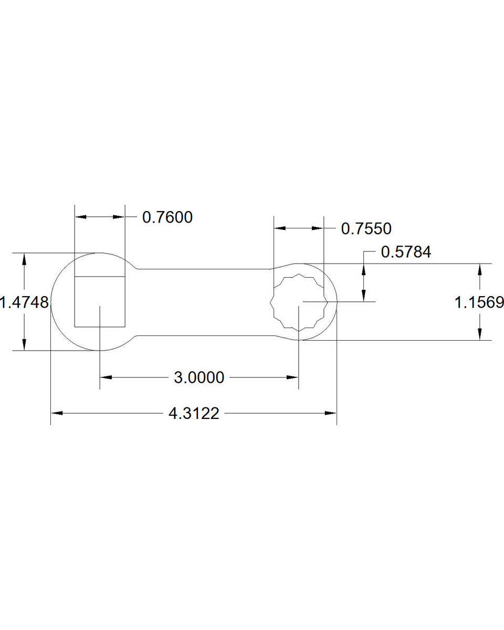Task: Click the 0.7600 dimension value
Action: coord(167,217)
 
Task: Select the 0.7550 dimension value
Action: coord(366,228)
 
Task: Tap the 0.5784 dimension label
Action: coord(406,252)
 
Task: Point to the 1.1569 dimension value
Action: coord(479,302)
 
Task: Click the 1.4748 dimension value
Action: coord(24,302)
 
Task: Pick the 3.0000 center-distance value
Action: coord(199,377)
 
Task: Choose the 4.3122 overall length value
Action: coord(193,414)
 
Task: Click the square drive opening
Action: coord(100,301)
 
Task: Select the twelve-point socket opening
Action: coord(298,302)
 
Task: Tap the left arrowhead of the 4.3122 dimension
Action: coord(56,414)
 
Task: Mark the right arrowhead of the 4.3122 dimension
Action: coord(331,414)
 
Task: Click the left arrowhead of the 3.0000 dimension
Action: coord(105,377)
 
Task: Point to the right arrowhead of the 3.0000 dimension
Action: coord(293,377)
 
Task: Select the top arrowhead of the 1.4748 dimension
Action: coord(24,259)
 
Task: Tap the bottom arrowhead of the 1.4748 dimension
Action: coord(24,345)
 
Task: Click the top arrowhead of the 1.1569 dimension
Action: coord(479,269)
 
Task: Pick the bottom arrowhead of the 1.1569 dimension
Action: coord(479,335)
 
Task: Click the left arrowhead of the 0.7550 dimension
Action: coord(279,228)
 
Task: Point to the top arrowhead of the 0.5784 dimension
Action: coord(363,269)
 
